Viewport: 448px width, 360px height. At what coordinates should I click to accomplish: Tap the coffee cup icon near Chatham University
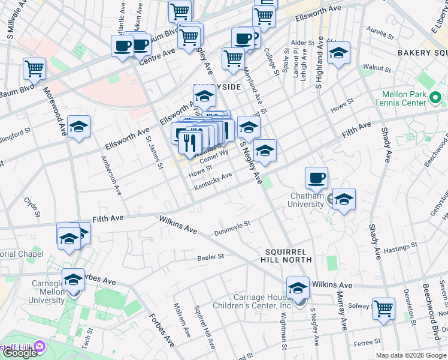[x=316, y=178]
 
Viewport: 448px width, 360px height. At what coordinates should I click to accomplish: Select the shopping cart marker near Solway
[x=383, y=309]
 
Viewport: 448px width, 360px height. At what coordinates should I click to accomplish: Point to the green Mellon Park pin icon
[x=435, y=97]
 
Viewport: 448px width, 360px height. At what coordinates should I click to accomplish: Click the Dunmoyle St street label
[x=232, y=229]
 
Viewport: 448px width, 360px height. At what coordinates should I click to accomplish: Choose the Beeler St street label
[x=210, y=257]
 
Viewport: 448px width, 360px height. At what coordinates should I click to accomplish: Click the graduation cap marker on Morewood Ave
[x=78, y=127]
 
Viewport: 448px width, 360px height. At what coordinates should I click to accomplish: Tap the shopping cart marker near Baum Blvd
[x=34, y=68]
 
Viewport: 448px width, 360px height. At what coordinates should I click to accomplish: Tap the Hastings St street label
[x=399, y=247]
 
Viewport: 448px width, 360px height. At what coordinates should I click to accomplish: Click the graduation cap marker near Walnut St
[x=338, y=53]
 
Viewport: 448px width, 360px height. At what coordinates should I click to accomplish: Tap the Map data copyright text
[x=411, y=355]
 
